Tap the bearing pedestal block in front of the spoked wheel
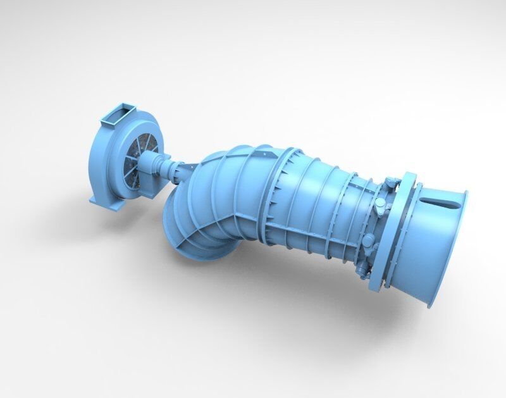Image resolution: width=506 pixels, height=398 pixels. (154, 166)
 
